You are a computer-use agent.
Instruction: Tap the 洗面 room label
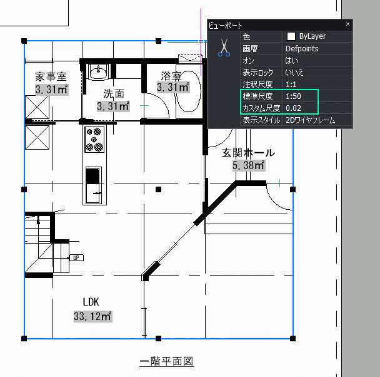[x=113, y=94]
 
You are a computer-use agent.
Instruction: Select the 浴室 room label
[x=171, y=76]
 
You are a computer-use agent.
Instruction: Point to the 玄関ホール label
[x=248, y=153]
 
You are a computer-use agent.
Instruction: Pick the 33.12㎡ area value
[x=92, y=316]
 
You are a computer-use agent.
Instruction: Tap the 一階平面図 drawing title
[x=166, y=362]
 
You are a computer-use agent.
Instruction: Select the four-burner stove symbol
[x=94, y=139]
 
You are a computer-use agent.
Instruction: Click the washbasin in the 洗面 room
[x=98, y=73]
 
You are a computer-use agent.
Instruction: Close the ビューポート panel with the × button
[x=347, y=24]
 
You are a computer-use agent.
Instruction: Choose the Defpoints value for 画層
[x=302, y=48]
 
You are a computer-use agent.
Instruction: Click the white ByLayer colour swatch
[x=291, y=36]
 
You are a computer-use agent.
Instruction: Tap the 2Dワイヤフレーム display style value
[x=310, y=120]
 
